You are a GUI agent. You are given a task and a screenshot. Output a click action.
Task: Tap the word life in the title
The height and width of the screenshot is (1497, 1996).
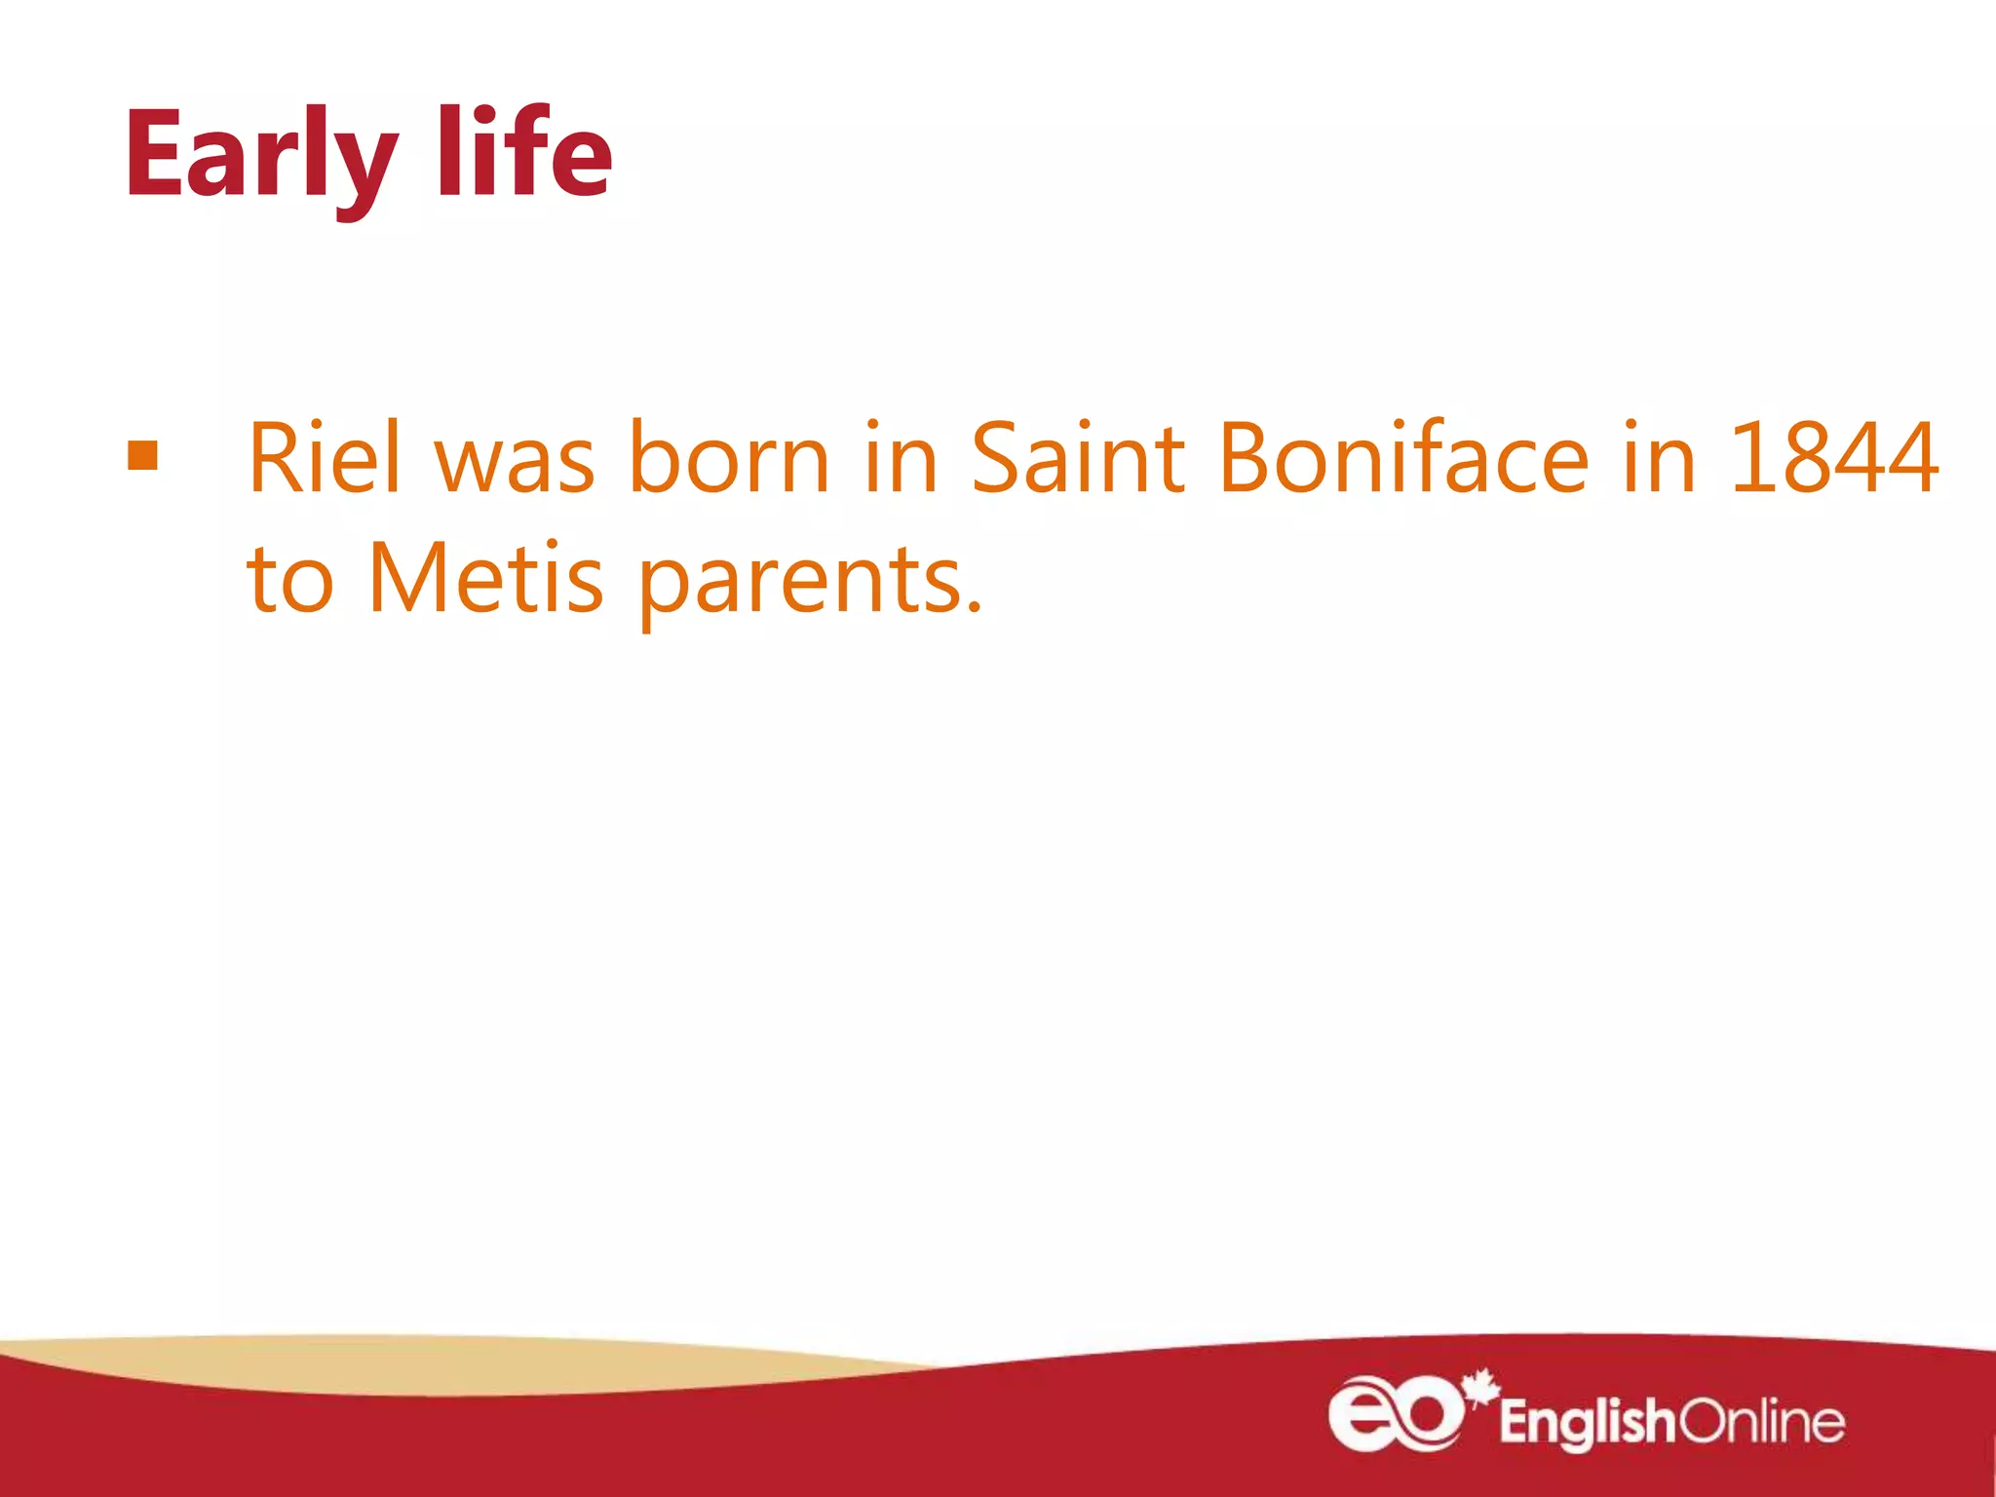524,153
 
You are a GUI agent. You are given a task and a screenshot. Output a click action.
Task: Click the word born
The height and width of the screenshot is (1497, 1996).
729,458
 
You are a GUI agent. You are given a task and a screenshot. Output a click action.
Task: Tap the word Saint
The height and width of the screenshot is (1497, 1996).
1078,458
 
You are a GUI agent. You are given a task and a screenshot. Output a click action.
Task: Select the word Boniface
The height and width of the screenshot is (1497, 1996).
1403,458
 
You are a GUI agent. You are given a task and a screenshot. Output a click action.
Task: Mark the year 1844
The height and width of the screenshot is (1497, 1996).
1833,458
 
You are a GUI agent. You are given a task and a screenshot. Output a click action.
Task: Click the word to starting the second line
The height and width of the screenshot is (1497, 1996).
290,579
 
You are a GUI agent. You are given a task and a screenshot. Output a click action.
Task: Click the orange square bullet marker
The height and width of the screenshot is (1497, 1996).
142,455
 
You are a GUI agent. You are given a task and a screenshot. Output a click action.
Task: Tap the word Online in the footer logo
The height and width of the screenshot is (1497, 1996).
1762,1422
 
